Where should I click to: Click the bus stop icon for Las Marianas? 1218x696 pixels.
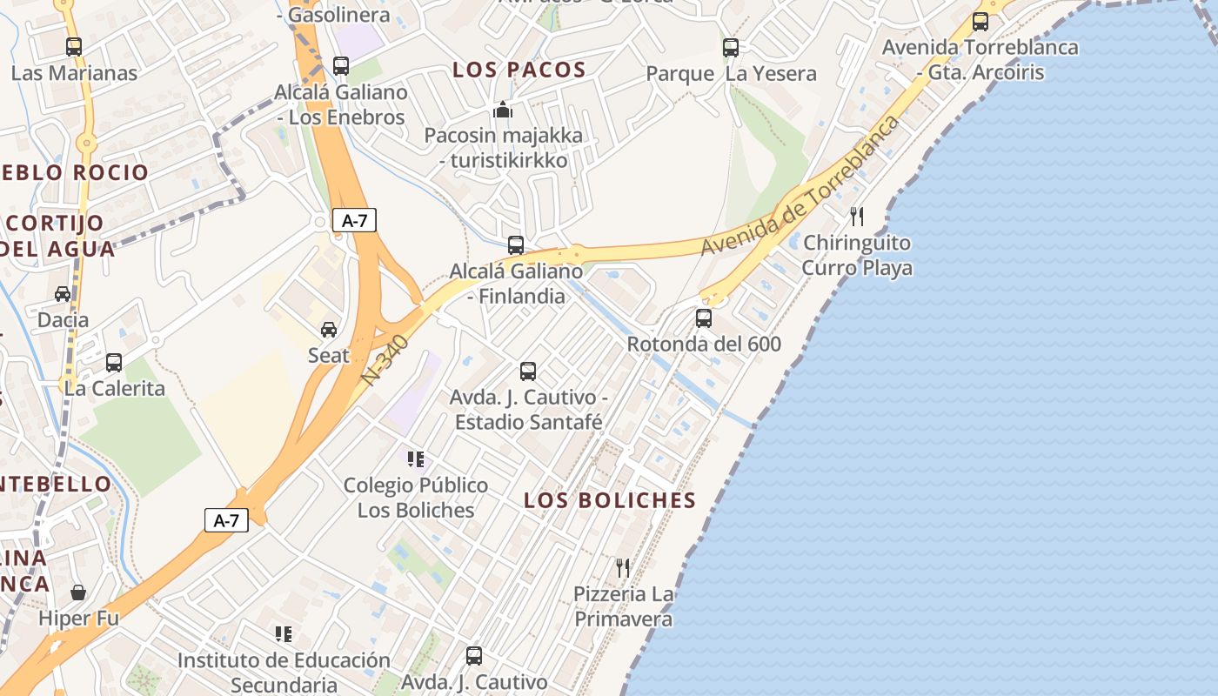pyautogui.click(x=74, y=47)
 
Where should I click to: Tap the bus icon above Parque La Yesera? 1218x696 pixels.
pyautogui.click(x=731, y=48)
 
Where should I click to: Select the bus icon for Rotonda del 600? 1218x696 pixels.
pyautogui.click(x=704, y=318)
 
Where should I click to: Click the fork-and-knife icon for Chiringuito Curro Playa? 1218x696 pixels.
pyautogui.click(x=857, y=217)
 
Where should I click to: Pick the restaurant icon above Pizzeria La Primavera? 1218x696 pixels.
pyautogui.click(x=623, y=568)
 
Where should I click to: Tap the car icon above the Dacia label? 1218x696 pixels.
pyautogui.click(x=63, y=294)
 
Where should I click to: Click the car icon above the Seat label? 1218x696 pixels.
pyautogui.click(x=329, y=330)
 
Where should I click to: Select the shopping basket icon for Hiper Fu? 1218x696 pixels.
pyautogui.click(x=78, y=593)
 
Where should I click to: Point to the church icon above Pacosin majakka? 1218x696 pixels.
pyautogui.click(x=503, y=110)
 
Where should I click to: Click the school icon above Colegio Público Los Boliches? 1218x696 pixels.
pyautogui.click(x=416, y=458)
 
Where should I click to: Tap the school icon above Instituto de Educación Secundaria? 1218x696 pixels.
pyautogui.click(x=284, y=634)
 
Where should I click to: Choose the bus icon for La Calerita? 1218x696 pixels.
pyautogui.click(x=114, y=363)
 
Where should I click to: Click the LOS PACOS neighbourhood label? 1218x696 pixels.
pyautogui.click(x=519, y=70)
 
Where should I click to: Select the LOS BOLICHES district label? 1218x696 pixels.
pyautogui.click(x=610, y=500)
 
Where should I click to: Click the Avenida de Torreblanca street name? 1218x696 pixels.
pyautogui.click(x=800, y=185)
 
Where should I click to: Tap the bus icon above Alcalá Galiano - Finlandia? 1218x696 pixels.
pyautogui.click(x=516, y=245)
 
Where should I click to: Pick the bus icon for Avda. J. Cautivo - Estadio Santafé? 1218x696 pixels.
pyautogui.click(x=528, y=371)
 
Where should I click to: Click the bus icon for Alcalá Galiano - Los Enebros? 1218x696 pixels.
pyautogui.click(x=341, y=65)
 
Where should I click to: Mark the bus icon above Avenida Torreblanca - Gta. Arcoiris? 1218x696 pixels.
pyautogui.click(x=980, y=22)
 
